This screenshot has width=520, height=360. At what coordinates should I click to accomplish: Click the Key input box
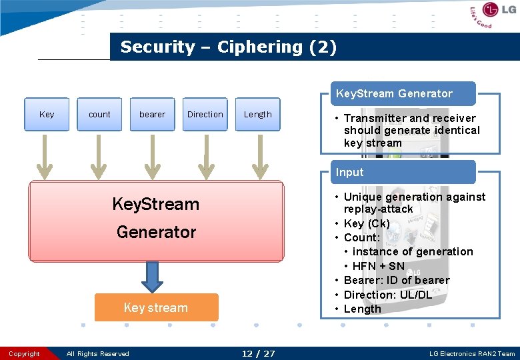click(x=47, y=114)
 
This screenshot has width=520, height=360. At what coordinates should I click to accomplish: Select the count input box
click(x=99, y=114)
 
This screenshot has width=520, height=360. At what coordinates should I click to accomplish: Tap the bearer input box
click(x=152, y=114)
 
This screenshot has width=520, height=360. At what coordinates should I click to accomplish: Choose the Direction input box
click(x=205, y=114)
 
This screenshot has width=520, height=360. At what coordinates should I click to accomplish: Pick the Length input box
click(x=257, y=114)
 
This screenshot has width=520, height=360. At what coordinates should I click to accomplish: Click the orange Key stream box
click(x=156, y=307)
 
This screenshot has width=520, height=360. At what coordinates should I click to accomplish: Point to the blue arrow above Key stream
click(x=153, y=276)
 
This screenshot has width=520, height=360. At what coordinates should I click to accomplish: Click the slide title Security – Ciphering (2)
click(x=228, y=47)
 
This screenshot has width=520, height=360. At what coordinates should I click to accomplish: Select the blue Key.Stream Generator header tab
click(x=394, y=93)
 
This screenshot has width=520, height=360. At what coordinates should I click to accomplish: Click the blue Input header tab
click(x=350, y=172)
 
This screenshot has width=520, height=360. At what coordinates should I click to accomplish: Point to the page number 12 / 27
click(x=258, y=353)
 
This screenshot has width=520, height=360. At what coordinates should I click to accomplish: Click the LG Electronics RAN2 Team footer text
click(x=472, y=353)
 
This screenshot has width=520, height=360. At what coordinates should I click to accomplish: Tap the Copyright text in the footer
click(x=25, y=353)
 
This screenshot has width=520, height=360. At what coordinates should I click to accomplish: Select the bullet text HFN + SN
click(x=378, y=266)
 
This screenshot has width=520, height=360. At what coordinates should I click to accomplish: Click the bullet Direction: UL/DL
click(x=387, y=295)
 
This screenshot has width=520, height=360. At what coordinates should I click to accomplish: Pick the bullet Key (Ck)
click(x=366, y=223)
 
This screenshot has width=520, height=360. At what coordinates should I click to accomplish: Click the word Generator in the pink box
click(x=156, y=232)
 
